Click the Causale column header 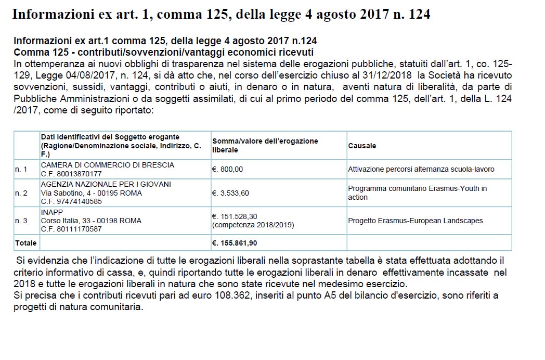362,146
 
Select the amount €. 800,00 227,169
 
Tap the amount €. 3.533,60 230,193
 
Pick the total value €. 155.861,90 235,243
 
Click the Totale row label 25,243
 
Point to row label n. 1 21,169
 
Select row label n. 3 21,221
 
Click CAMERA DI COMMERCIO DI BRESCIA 108,165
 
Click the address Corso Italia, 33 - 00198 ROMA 91,221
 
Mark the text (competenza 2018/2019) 253,225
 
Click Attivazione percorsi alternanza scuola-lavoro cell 421,169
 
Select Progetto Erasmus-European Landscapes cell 415,221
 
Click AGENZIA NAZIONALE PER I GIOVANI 106,185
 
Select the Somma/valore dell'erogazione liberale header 265,146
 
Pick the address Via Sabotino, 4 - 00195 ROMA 91,193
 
